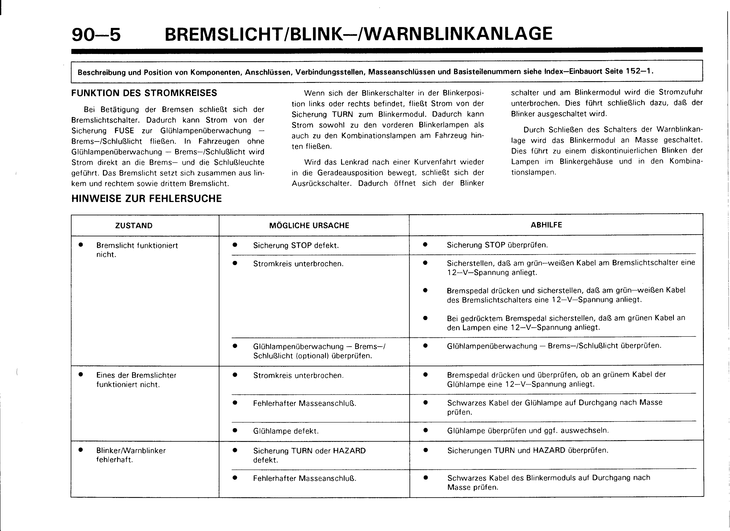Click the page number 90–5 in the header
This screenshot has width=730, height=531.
96,35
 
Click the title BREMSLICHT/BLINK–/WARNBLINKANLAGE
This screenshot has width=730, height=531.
358,34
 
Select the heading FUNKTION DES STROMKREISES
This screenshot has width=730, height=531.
144,93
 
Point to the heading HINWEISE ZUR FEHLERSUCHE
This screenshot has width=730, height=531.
146,198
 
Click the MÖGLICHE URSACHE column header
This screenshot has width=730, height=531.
309,226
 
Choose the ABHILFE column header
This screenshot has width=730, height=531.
546,225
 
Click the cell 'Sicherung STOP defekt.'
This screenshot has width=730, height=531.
296,246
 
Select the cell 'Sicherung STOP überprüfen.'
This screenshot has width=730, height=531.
497,245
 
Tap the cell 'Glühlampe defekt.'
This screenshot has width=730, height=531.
286,431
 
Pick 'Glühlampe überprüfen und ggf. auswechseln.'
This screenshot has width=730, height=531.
528,430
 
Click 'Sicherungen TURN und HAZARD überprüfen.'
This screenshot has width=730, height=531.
528,450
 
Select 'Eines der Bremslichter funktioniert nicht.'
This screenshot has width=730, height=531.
136,380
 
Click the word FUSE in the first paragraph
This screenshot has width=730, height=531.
124,131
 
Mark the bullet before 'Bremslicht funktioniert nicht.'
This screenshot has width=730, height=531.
81,245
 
